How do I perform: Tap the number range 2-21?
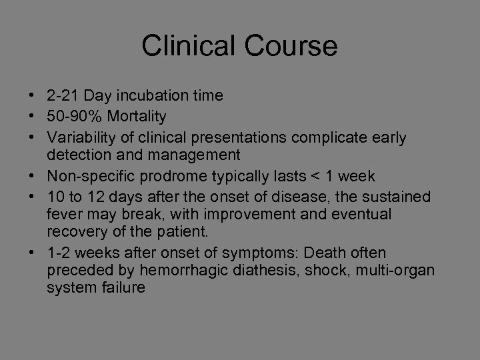pyautogui.click(x=62, y=96)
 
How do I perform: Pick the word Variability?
pyautogui.click(x=78, y=137)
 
